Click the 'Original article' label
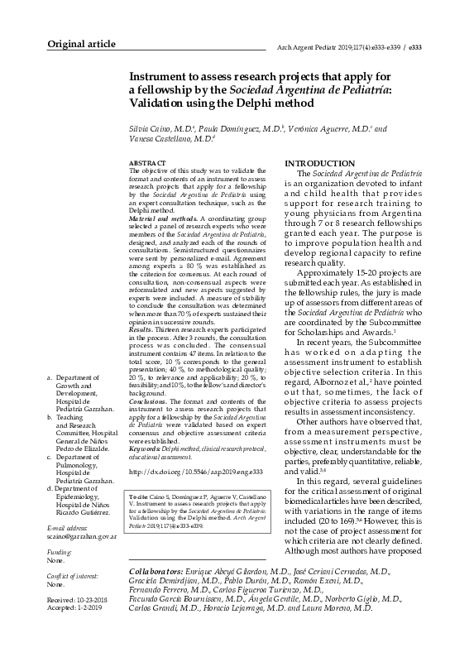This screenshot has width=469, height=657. (x=80, y=43)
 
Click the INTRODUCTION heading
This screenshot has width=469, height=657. (x=319, y=164)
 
